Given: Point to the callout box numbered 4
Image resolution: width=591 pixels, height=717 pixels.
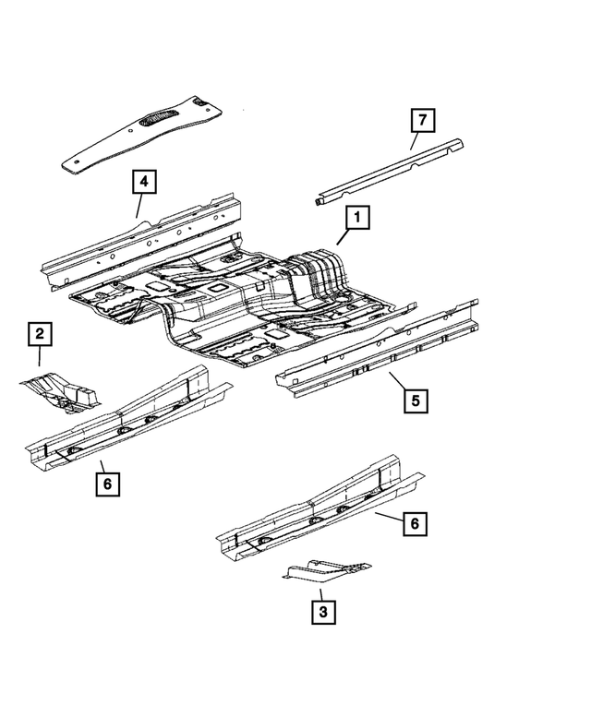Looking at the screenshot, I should coord(143,182).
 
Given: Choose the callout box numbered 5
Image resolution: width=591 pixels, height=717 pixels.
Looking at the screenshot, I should coord(416,400).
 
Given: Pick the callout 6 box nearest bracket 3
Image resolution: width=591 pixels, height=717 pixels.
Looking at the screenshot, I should coord(415,524).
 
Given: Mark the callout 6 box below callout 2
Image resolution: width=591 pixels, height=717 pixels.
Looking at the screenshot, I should coord(107,483).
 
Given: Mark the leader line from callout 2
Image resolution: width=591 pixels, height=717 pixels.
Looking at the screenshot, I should coord(40,358).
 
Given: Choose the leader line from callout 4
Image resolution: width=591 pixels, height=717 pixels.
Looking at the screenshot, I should coord(139,206).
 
